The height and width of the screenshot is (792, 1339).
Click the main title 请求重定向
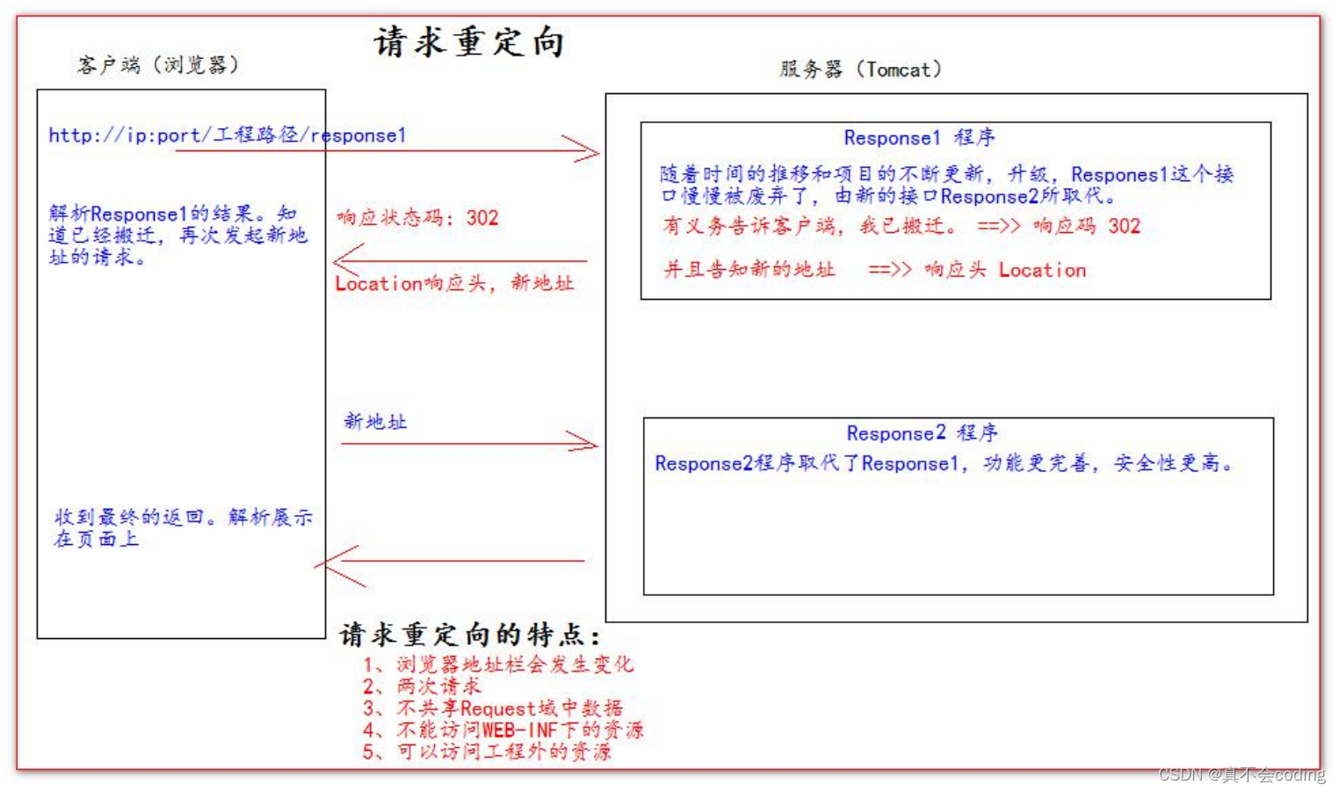[469, 42]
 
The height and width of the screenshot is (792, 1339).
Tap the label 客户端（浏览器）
[158, 65]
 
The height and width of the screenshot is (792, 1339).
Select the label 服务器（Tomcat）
[860, 69]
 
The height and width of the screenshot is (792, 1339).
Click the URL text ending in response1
[227, 135]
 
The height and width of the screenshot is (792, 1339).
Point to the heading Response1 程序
[919, 138]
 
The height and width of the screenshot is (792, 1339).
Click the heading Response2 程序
[922, 433]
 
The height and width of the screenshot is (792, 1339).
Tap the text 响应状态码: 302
[417, 218]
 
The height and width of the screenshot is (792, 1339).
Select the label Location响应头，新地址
[454, 283]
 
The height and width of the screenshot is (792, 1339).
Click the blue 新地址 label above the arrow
[375, 422]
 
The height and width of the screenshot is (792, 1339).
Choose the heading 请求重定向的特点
[470, 635]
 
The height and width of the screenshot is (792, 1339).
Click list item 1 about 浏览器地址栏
[498, 665]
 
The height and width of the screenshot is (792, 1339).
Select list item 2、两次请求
[423, 687]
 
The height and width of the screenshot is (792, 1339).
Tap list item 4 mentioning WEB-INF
[503, 730]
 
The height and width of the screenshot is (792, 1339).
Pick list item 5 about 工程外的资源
[487, 752]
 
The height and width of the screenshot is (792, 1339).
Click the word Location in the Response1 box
[1042, 271]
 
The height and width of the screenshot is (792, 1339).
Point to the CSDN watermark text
[1241, 774]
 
